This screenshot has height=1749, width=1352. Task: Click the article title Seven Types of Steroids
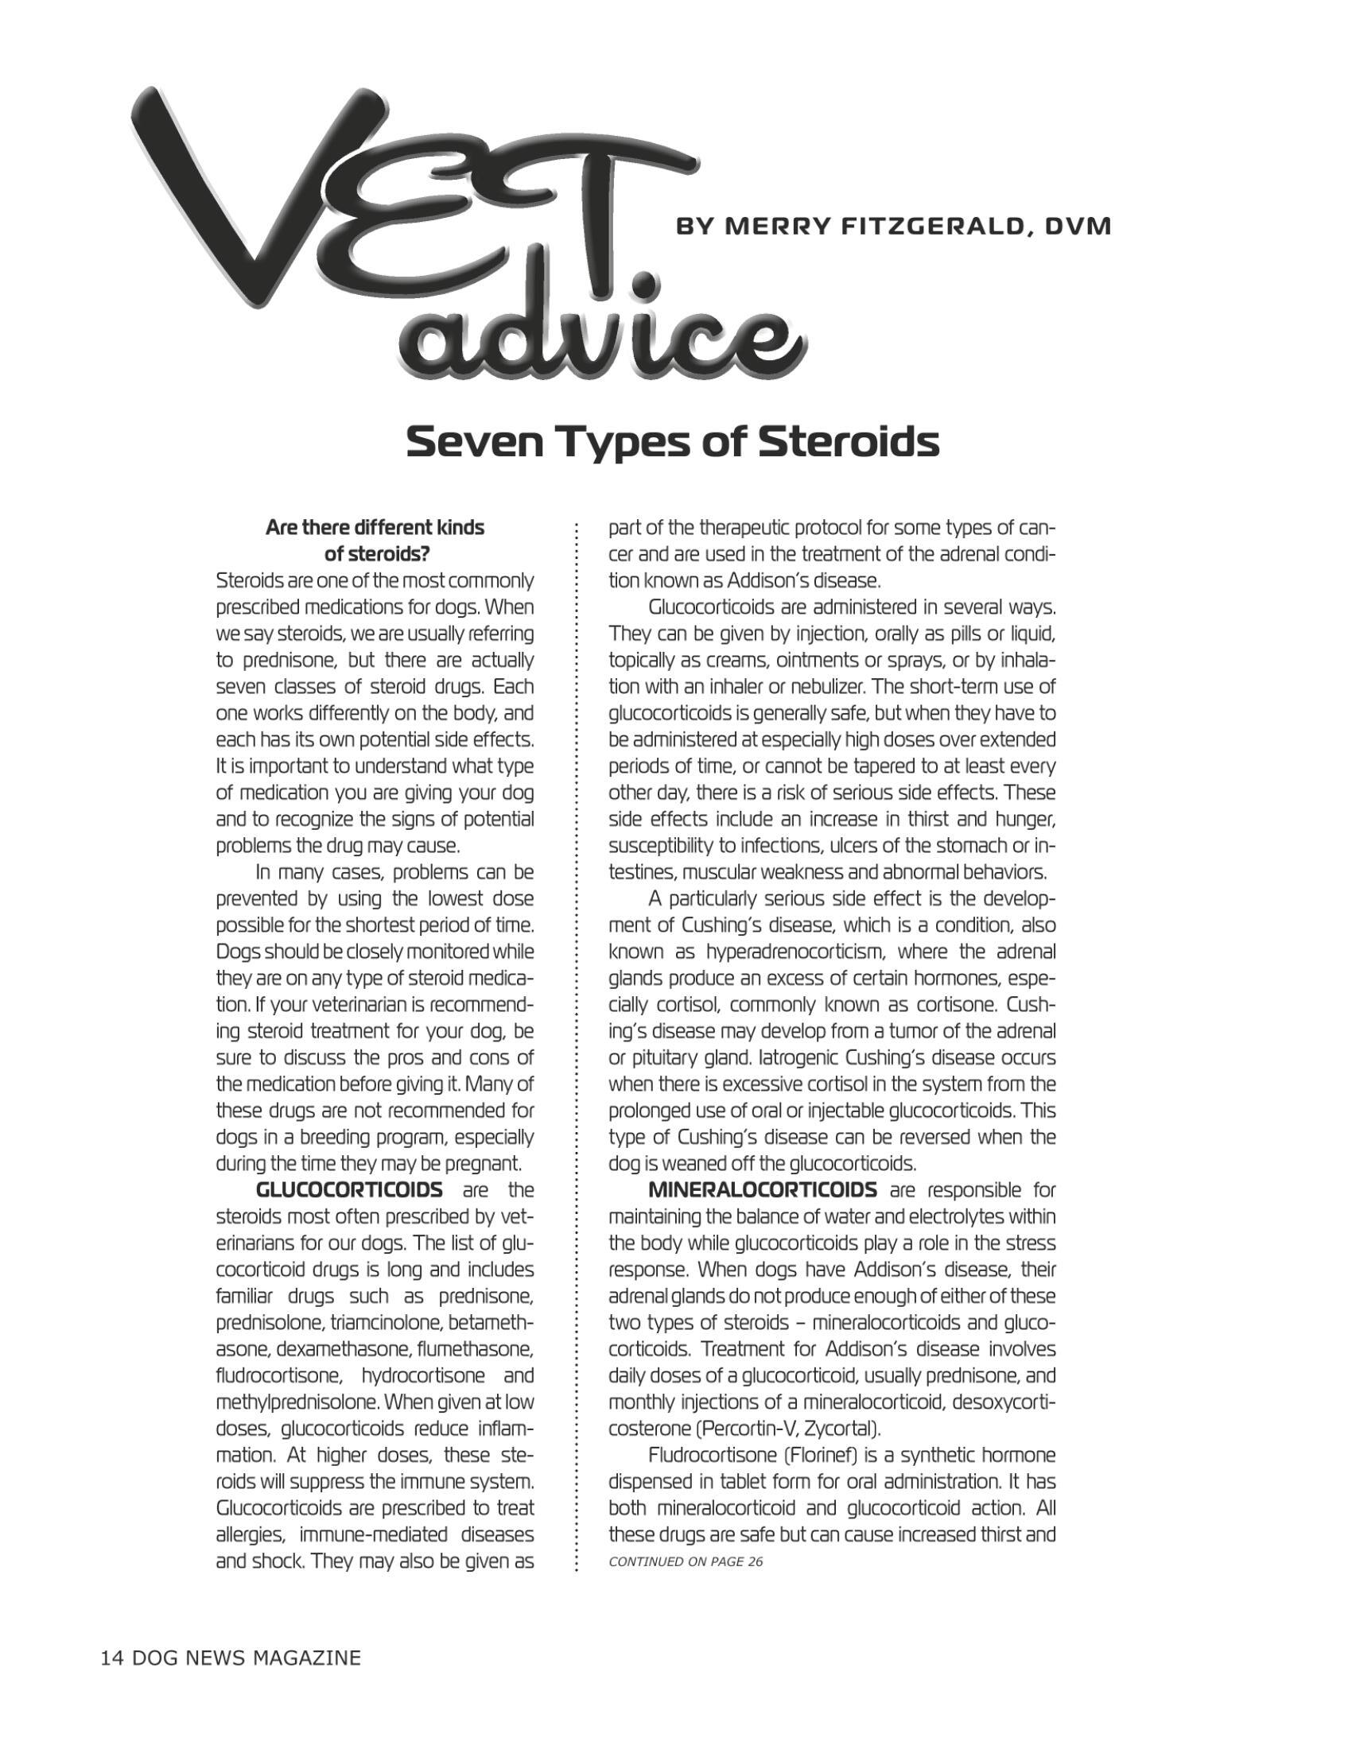coord(672,441)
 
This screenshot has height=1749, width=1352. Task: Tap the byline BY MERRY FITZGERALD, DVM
coord(894,227)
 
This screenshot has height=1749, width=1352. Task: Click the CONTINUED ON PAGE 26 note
coord(686,1561)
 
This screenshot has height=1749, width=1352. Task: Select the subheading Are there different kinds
coord(375,529)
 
